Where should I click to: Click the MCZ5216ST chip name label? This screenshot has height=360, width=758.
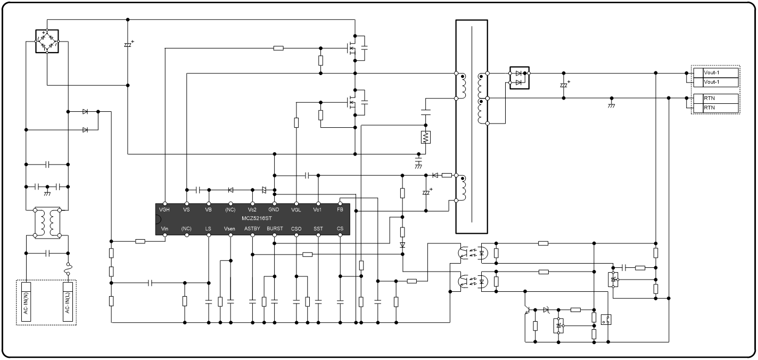coord(257,218)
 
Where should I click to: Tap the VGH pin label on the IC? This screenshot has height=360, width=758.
coord(164,210)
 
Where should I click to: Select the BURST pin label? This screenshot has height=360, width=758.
coord(275,228)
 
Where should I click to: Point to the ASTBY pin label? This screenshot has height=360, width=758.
coord(252,228)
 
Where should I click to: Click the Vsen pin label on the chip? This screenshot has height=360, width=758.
coord(229,228)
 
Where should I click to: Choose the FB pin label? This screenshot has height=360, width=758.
coord(340,210)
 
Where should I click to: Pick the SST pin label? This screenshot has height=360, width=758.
coord(318,228)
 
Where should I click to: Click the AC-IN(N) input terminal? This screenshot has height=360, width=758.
coord(26,302)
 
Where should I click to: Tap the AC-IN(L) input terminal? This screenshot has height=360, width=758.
coord(68,302)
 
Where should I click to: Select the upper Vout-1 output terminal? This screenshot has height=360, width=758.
coord(716,72)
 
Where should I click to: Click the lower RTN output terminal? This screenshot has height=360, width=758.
coord(716,108)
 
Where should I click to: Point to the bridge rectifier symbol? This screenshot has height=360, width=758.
coord(47,41)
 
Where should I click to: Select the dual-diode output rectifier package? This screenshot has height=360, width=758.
coord(520,78)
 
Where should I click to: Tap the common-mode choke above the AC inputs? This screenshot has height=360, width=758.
coord(47,223)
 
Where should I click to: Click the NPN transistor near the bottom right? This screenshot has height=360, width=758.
coord(528,309)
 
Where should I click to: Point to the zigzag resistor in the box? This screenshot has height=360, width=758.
coord(426,137)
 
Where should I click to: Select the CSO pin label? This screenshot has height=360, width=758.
coord(296,228)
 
